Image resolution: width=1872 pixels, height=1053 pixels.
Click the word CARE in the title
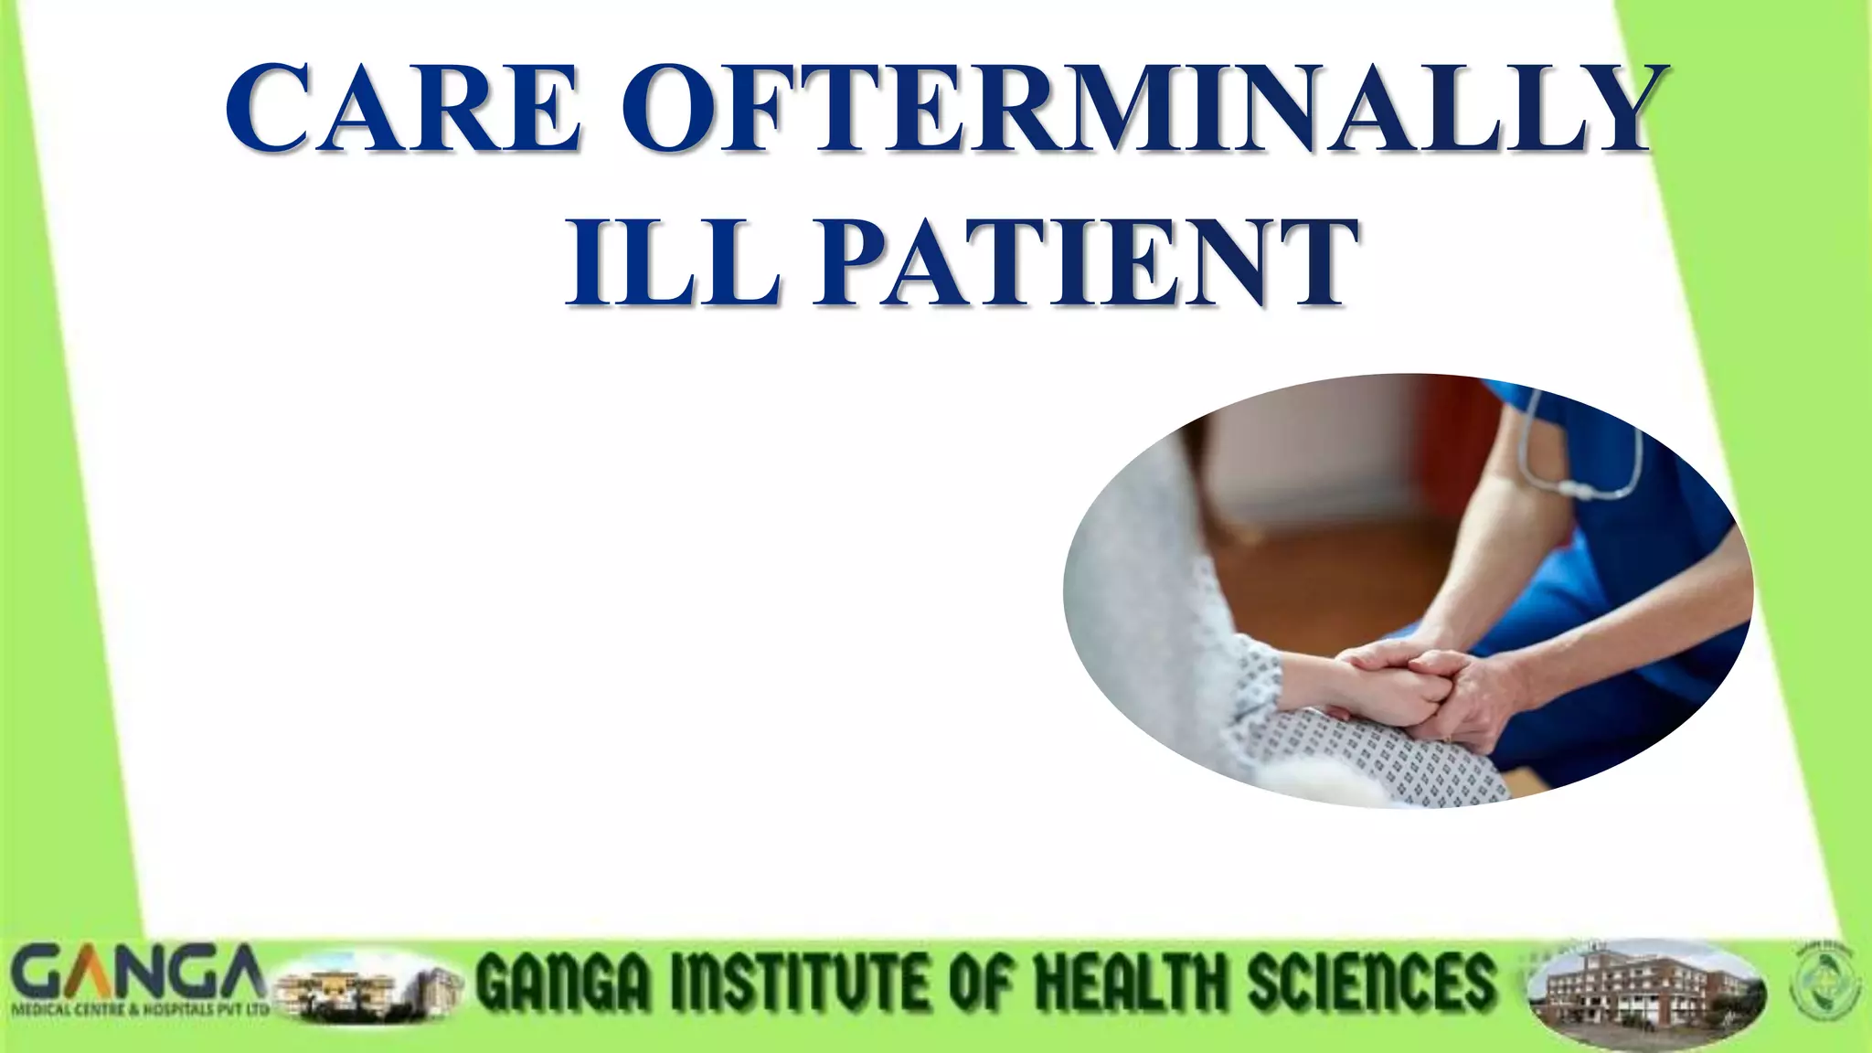[403, 108]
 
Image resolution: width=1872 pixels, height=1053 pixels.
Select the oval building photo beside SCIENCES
[1645, 994]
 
